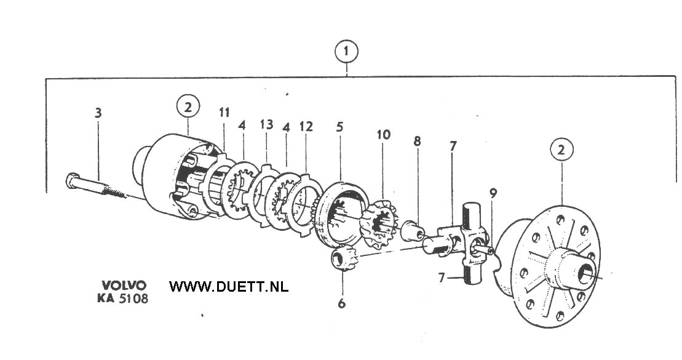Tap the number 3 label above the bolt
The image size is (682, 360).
(x=98, y=113)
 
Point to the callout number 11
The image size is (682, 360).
(x=224, y=112)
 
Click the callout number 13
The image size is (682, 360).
(x=266, y=125)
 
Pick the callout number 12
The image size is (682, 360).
(x=306, y=127)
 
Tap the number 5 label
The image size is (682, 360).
(x=340, y=127)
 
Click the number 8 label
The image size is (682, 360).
(x=418, y=141)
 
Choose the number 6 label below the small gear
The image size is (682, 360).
(x=342, y=303)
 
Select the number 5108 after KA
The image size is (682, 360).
(x=133, y=298)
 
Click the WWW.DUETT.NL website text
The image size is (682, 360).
(x=229, y=287)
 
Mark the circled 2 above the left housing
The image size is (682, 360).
(x=188, y=106)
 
